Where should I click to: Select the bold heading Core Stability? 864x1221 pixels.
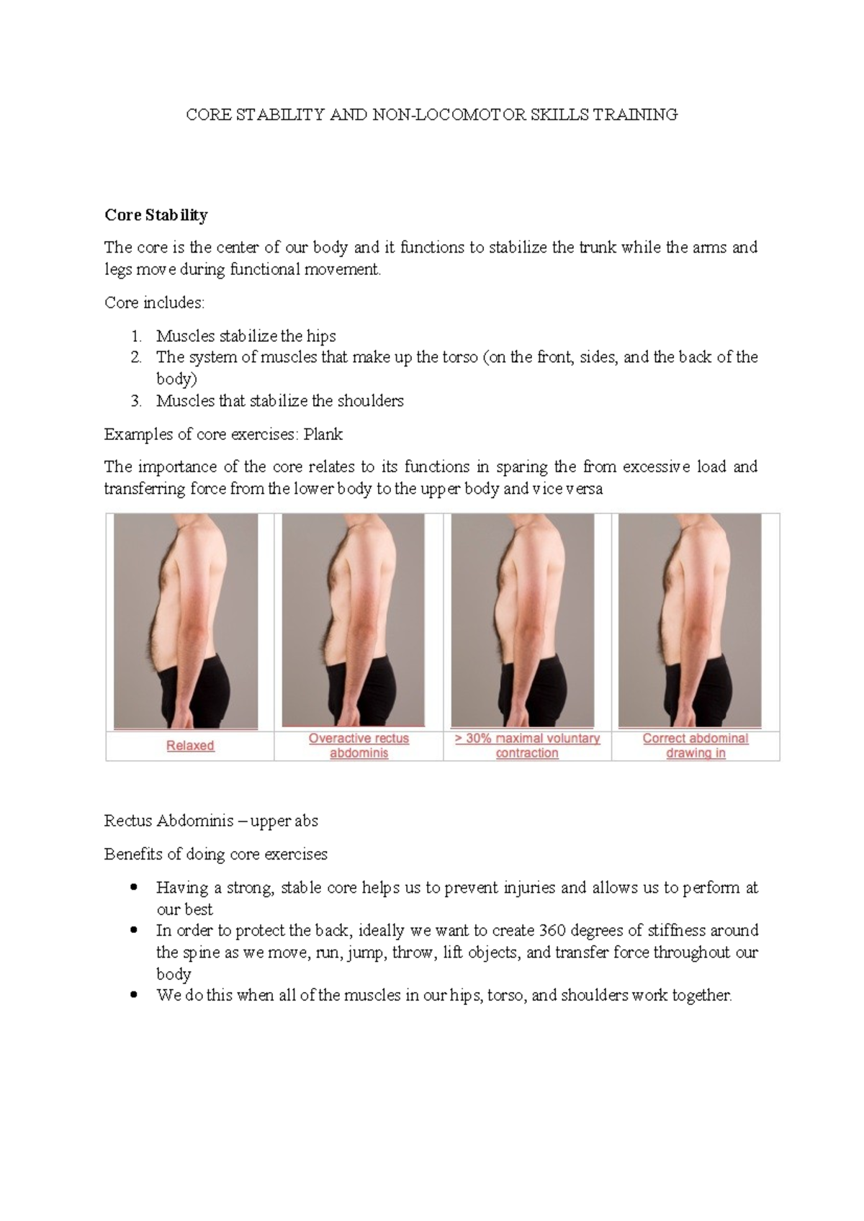(x=156, y=215)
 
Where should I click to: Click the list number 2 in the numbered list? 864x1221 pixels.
(x=135, y=357)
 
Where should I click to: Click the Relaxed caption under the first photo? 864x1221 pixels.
(x=190, y=746)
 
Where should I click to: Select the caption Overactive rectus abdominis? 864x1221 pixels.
(x=359, y=746)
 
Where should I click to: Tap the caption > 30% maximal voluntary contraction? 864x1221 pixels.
(x=527, y=746)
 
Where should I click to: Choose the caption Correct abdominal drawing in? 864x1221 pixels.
(x=696, y=746)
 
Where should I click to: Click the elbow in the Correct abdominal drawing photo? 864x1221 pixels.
(x=720, y=641)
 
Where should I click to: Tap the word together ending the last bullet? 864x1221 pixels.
(x=701, y=996)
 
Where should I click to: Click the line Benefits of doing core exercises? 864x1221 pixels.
(x=215, y=855)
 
